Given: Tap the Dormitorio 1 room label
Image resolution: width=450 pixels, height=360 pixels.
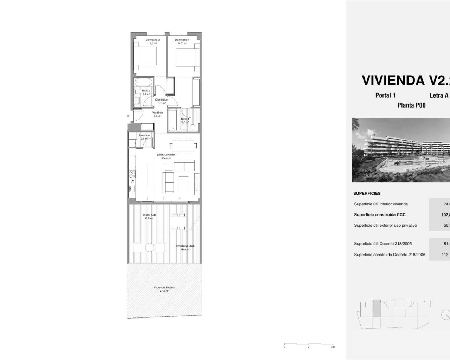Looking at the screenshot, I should [x=182, y=41].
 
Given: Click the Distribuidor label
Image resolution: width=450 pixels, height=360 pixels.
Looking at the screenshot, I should [x=162, y=101].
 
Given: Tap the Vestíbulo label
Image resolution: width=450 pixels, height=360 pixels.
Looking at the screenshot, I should [x=157, y=114].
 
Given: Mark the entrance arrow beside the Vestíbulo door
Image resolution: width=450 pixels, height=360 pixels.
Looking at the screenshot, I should [x=128, y=116].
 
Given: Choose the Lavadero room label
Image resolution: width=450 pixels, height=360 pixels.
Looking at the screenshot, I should [x=144, y=137].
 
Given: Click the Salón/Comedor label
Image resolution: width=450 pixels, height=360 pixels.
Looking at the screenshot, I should [x=166, y=156].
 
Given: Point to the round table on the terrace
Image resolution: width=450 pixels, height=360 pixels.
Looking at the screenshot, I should [x=150, y=247].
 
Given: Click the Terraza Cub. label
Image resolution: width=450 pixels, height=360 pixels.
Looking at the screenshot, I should [x=149, y=216].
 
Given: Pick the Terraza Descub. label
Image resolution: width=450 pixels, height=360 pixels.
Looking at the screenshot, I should [x=185, y=247].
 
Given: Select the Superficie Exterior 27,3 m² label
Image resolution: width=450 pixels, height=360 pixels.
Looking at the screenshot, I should [x=164, y=289].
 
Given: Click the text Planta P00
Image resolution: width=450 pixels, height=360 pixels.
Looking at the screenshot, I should [x=411, y=105].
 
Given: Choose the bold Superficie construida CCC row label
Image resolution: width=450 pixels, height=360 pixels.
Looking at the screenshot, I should [x=380, y=214].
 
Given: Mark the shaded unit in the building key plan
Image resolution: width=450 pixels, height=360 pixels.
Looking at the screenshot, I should [x=376, y=308].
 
